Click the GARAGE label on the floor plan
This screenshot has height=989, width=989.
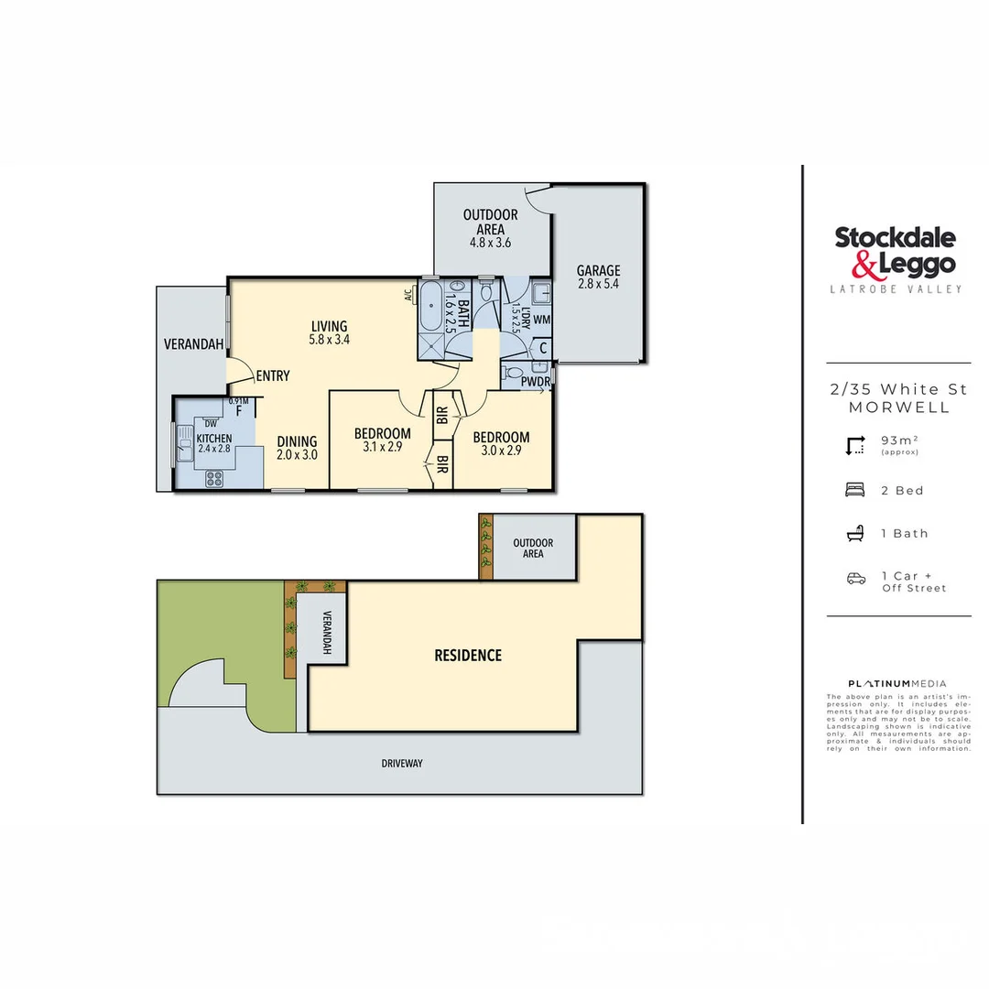(598, 270)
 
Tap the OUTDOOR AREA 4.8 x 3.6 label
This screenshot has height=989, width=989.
(490, 229)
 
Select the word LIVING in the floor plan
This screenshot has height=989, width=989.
(329, 326)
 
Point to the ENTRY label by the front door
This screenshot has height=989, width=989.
(273, 375)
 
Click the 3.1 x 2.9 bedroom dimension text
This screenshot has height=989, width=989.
(383, 448)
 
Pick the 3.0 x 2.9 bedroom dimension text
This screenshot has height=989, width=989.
(501, 451)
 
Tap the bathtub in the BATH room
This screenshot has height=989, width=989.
(431, 298)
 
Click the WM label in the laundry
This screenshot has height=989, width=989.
(541, 320)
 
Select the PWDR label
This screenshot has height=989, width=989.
(535, 382)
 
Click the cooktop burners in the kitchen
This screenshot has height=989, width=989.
(215, 477)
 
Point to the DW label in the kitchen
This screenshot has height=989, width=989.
(211, 423)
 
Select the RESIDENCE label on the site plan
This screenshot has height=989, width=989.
(467, 656)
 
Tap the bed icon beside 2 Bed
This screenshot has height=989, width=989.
(855, 490)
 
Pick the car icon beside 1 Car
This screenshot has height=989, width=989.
(855, 578)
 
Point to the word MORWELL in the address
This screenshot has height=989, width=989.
(898, 408)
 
